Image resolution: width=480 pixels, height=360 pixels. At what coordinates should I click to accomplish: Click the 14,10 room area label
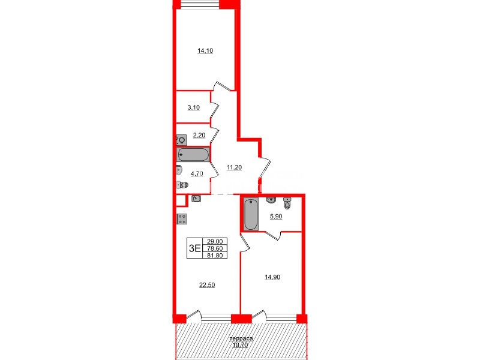point(205,51)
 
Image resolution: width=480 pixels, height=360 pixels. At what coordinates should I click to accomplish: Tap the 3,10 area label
point(193,108)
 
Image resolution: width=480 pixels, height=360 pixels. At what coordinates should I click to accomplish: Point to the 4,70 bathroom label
point(197,174)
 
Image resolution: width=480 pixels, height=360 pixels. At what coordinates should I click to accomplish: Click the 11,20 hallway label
point(234,167)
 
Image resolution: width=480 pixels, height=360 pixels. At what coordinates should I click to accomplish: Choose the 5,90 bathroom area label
point(275,217)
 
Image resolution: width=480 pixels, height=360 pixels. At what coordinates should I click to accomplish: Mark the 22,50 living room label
point(206,285)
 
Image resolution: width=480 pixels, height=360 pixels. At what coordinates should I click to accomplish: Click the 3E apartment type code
point(194,248)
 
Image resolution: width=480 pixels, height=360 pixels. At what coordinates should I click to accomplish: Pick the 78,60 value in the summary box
point(212,247)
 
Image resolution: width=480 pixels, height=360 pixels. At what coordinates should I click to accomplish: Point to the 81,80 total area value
point(212,254)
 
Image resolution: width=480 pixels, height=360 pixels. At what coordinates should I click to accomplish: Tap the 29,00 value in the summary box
point(212,241)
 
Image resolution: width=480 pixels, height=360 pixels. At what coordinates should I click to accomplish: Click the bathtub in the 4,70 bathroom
point(193,155)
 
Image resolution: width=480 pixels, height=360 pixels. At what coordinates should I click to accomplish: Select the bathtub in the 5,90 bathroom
point(251,215)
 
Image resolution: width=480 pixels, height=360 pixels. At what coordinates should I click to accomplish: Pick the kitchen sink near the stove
point(196,199)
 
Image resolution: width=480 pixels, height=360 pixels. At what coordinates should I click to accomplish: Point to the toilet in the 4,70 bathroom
point(181,185)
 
